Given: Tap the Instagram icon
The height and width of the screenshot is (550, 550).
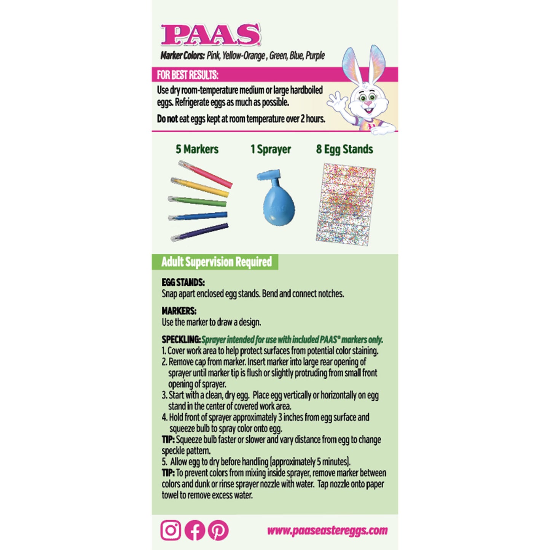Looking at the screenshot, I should click(x=171, y=530).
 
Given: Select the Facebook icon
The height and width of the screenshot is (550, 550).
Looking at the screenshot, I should click(x=195, y=530).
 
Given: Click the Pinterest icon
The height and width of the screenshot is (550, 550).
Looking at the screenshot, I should click(x=218, y=530).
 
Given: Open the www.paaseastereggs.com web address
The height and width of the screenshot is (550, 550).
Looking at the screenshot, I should click(x=327, y=530).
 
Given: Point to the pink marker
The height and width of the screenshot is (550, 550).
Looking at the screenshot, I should click(x=206, y=174).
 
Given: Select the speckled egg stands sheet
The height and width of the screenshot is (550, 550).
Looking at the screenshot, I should click(x=346, y=204).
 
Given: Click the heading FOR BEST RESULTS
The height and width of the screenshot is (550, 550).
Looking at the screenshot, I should click(x=188, y=75).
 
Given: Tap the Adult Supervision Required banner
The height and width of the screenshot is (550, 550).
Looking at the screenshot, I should click(x=216, y=262).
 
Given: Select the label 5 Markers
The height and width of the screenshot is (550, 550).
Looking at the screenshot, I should click(x=197, y=149).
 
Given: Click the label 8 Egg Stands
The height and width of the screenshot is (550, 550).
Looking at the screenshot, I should click(x=344, y=149).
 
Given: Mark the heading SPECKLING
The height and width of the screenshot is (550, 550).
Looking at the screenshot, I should click(x=181, y=340).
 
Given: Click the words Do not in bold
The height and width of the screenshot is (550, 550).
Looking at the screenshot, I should click(x=167, y=119).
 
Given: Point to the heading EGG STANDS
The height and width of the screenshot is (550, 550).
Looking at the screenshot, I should click(x=183, y=282).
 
